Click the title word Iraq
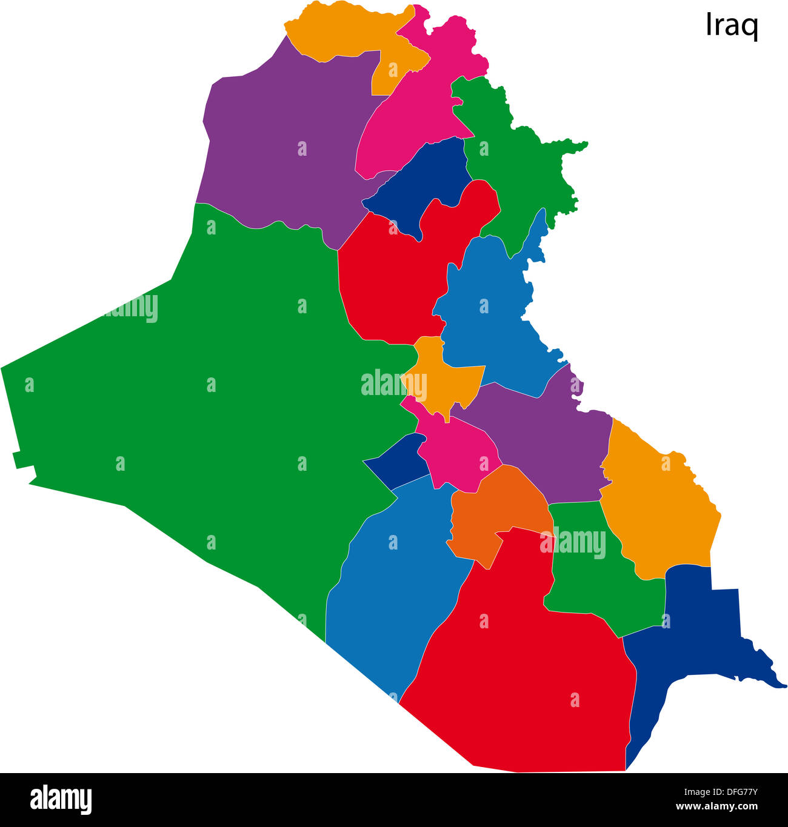point(732,25)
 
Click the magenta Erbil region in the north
point(418,109)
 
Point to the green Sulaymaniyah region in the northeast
point(515,170)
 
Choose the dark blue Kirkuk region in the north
point(424,182)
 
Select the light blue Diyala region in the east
point(491,315)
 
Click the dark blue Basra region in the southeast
point(685,642)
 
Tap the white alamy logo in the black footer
point(61,800)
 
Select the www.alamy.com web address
point(716,806)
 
